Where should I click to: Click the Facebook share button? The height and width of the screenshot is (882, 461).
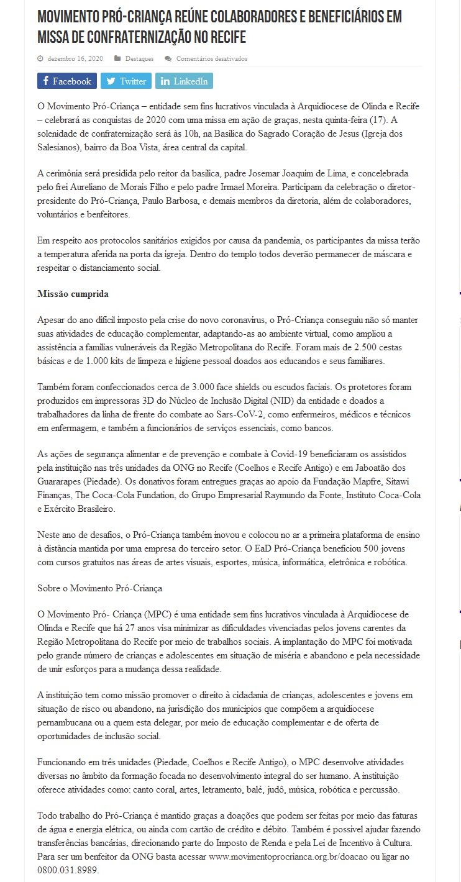click(x=67, y=81)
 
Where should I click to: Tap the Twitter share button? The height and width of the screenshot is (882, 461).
click(x=126, y=81)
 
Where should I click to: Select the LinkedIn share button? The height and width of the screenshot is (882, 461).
click(x=184, y=81)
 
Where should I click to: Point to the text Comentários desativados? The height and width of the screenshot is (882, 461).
click(x=211, y=59)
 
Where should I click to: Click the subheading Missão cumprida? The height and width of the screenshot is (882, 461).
click(x=73, y=294)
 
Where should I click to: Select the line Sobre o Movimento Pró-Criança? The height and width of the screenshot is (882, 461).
click(x=100, y=587)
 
